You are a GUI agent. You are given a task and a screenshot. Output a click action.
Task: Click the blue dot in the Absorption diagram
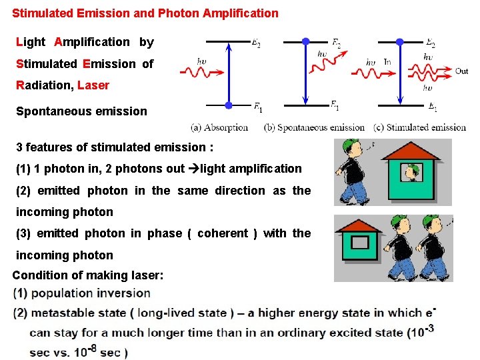tap(228, 105)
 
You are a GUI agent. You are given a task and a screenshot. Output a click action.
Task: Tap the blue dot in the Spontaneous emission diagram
tap(305, 41)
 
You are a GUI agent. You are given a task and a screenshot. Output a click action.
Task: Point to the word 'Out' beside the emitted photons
tap(461, 71)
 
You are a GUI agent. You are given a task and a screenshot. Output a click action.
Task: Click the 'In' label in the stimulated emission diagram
tap(387, 62)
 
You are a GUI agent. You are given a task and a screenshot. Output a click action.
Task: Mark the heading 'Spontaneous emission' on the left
tap(81, 111)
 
